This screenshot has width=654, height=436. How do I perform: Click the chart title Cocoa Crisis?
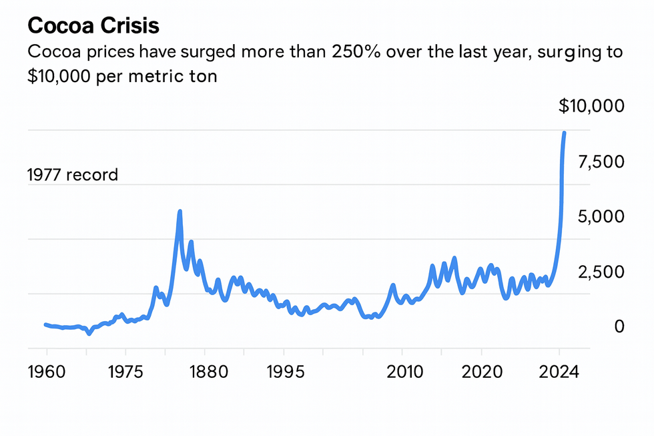pos(93,27)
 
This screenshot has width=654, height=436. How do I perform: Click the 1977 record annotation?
pos(72,175)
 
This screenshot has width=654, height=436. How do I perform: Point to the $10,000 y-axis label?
pos(591,106)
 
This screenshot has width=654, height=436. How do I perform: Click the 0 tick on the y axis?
pos(619,326)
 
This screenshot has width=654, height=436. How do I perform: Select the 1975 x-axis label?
pos(125,371)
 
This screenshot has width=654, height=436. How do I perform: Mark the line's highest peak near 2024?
pos(564,133)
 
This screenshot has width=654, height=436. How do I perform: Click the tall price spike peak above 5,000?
pos(180,212)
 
